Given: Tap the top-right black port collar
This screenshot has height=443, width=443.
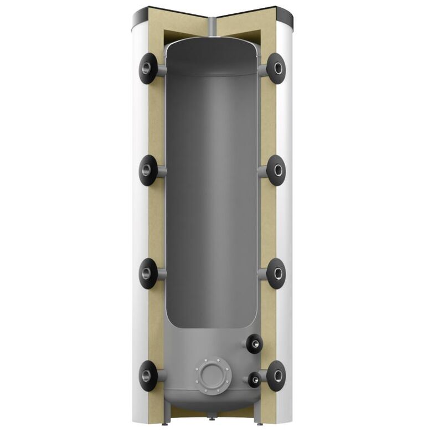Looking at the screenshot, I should tap(276, 69).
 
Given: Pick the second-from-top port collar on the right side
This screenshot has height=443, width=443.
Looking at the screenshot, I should tap(276, 170).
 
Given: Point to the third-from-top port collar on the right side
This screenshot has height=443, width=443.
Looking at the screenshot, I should tap(276, 273).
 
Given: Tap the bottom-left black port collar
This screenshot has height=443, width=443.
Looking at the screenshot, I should tap(148, 376).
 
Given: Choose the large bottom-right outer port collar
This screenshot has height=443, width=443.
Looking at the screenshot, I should tap(276, 376).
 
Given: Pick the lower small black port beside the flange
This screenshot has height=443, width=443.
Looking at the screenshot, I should tap(254, 380).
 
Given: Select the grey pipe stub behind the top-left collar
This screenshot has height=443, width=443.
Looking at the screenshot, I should tap(161, 70).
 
